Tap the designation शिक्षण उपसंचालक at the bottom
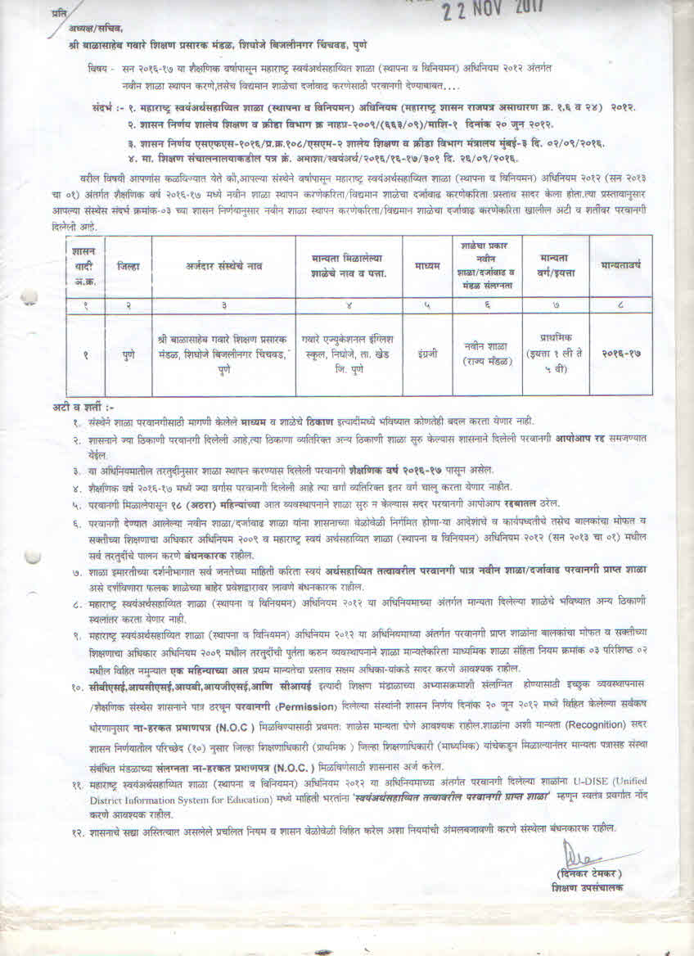coord(587,887)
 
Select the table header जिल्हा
coord(128,266)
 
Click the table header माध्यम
coord(426,266)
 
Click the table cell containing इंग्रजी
coord(426,354)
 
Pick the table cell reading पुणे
coord(128,354)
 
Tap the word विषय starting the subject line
coord(97,69)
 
